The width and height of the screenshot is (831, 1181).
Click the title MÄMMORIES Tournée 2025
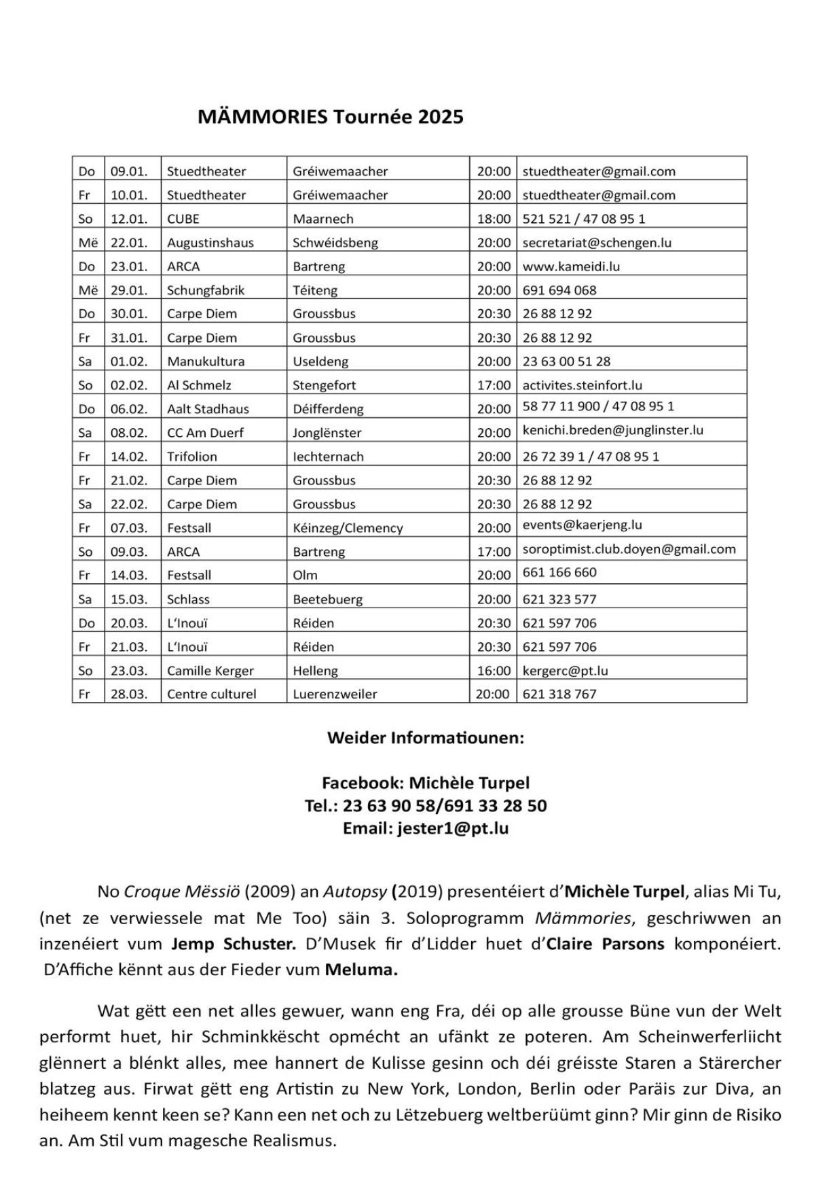coord(330,117)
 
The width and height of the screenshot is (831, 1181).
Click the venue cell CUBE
coord(183,219)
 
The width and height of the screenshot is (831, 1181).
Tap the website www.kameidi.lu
coord(571,266)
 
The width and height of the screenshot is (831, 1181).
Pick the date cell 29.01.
coord(129,290)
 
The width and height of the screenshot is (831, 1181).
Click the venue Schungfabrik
coord(206,290)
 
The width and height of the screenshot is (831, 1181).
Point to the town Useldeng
coord(320,362)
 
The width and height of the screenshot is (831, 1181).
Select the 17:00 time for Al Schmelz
coord(494,385)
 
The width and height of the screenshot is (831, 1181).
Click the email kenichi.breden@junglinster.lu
coord(612,430)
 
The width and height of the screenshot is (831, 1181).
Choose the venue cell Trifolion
coord(192,457)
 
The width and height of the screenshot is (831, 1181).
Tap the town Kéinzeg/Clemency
coord(348,528)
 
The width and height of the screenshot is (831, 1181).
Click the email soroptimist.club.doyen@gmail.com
coord(629,549)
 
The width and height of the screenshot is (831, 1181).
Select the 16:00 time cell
coord(494,671)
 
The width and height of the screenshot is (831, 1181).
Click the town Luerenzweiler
coord(335,694)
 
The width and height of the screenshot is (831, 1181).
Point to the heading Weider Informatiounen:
coord(426,738)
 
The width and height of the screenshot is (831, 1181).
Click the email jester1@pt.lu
coord(453,828)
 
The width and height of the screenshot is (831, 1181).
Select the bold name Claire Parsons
coord(605,944)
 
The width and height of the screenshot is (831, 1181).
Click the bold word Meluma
coord(361,970)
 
